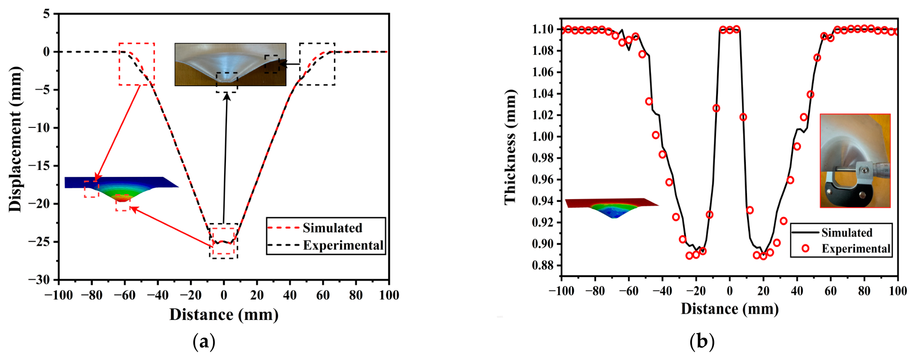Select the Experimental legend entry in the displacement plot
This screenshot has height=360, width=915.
(x=326, y=245)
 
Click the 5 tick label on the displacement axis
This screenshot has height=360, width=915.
(x=46, y=14)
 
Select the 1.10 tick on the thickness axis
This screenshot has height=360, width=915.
(x=543, y=29)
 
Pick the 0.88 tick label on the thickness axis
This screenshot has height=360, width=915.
(x=543, y=265)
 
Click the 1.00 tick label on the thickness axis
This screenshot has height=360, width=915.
(x=543, y=136)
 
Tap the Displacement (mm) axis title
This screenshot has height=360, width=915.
(x=15, y=139)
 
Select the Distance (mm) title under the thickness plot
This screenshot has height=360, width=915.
(x=729, y=309)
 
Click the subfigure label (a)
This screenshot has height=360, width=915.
(x=204, y=342)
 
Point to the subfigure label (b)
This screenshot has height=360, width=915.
(x=702, y=342)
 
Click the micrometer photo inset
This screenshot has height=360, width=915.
(x=855, y=161)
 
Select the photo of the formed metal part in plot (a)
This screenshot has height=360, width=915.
(x=230, y=64)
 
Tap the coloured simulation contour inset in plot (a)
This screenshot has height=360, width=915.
(x=122, y=190)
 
